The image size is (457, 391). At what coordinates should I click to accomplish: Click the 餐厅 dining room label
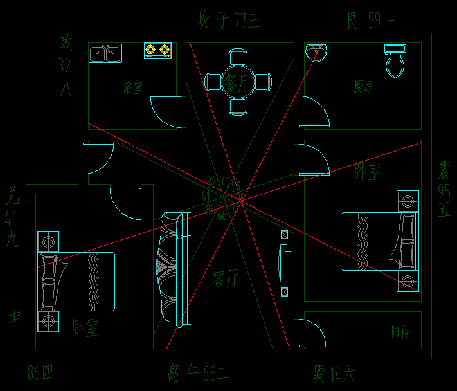pos(238,82)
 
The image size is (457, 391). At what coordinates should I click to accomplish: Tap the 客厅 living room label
pos(226,278)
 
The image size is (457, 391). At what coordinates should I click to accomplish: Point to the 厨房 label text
pos(363,87)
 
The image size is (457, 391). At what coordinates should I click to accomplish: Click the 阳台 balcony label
pos(400,332)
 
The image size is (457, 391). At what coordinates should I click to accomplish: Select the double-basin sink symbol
pos(105,53)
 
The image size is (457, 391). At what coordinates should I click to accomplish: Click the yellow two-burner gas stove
pos(157,50)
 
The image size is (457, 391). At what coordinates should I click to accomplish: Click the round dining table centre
pos(238,82)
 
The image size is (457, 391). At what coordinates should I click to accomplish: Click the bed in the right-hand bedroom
pos(379,241)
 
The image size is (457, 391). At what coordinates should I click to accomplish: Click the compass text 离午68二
pos(198,373)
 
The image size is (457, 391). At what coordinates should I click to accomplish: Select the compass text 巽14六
pos(334,373)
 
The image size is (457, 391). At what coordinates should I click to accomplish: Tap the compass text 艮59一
pos(370,21)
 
